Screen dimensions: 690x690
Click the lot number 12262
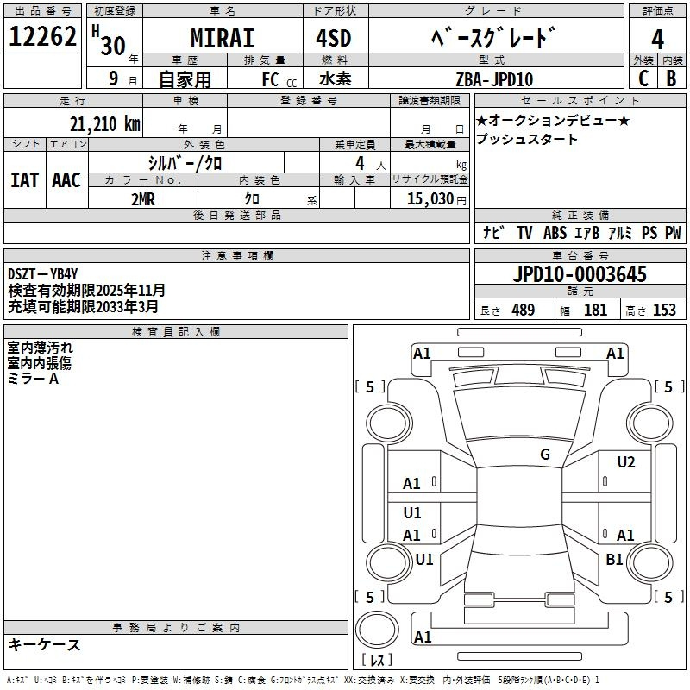click(42, 36)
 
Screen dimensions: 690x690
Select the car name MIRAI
click(223, 38)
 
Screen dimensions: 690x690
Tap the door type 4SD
click(334, 38)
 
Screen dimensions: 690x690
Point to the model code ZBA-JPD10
click(494, 79)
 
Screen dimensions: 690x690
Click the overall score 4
click(657, 40)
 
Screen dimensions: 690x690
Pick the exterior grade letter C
click(643, 78)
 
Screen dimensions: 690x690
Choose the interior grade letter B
click(671, 78)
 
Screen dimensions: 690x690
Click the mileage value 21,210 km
click(105, 124)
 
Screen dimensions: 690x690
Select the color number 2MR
click(143, 199)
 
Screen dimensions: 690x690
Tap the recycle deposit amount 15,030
click(430, 198)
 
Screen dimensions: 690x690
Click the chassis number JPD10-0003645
click(580, 274)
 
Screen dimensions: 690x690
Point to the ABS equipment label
click(555, 232)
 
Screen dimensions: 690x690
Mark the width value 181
click(595, 310)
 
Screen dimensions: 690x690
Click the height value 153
click(664, 310)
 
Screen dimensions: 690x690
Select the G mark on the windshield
click(545, 454)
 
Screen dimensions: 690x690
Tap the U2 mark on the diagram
click(626, 461)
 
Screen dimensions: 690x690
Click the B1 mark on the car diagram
click(614, 559)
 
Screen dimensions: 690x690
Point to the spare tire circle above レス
click(377, 630)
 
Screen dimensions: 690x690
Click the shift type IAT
click(24, 180)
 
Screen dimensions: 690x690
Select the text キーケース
click(45, 644)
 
